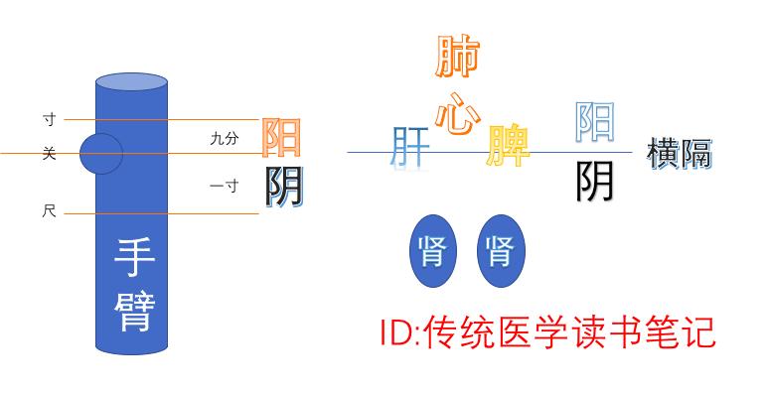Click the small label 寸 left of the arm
49,119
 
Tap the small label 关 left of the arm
49,153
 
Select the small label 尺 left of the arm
49,212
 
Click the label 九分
225,140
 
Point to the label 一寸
225,186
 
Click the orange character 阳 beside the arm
282,138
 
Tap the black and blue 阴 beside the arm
283,186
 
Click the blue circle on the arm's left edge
100,154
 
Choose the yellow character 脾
509,146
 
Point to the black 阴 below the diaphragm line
595,181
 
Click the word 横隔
680,153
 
